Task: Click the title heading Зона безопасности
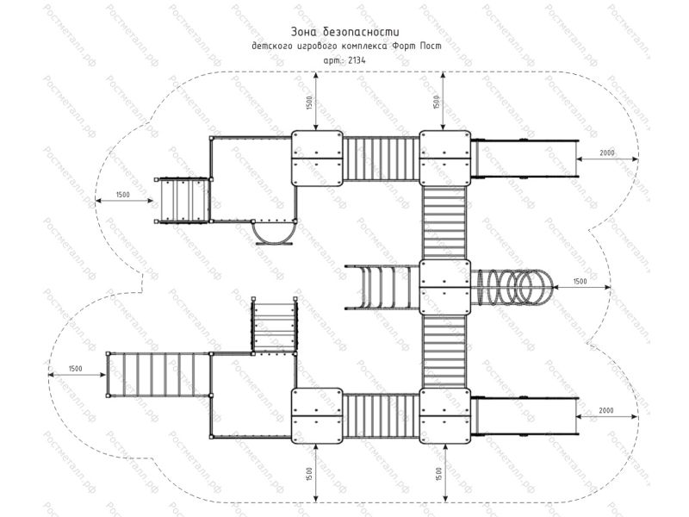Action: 345,32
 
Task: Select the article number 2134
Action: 357,60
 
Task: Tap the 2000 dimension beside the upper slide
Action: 607,153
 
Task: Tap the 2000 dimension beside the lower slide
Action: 606,411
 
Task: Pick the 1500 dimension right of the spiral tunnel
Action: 580,282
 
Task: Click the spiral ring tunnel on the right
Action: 512,287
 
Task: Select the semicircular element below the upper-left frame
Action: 273,231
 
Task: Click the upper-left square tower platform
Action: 317,159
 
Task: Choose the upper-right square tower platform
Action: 445,159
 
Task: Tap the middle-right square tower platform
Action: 445,287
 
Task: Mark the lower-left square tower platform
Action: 317,416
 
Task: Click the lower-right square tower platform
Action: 445,416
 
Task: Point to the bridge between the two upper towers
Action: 381,159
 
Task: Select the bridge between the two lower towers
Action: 381,416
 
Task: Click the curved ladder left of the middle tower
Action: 382,288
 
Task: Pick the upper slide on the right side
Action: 525,159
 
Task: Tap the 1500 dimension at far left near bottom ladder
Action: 75,369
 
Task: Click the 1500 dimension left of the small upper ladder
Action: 122,195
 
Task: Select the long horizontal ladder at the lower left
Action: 158,375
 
